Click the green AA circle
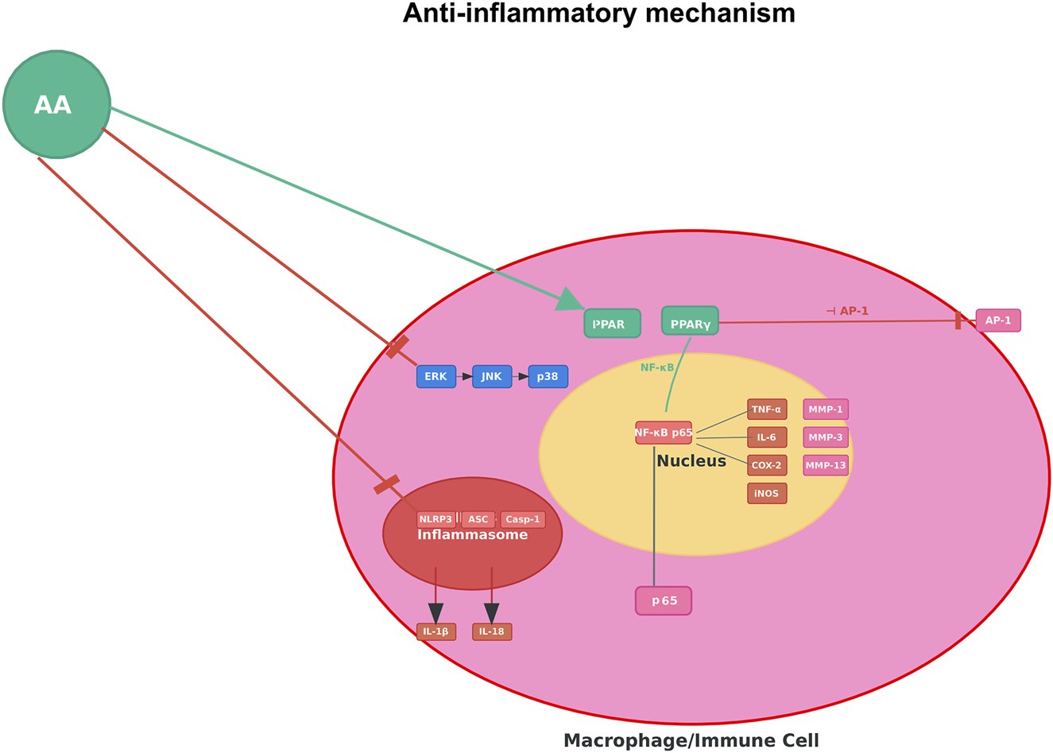pyautogui.click(x=57, y=104)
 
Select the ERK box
pyautogui.click(x=436, y=376)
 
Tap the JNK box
pyautogui.click(x=492, y=376)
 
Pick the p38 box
pyautogui.click(x=548, y=376)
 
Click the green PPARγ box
pyautogui.click(x=690, y=320)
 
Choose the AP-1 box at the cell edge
pyautogui.click(x=998, y=320)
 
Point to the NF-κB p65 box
pyautogui.click(x=664, y=433)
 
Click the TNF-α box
pyautogui.click(x=767, y=409)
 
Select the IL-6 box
pyautogui.click(x=767, y=437)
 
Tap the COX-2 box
pyautogui.click(x=767, y=465)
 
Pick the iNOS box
pyautogui.click(x=767, y=493)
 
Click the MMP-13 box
pyautogui.click(x=826, y=465)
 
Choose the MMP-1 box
pyautogui.click(x=826, y=409)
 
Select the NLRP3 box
pyautogui.click(x=436, y=519)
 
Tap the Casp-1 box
pyautogui.click(x=523, y=519)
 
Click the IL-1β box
pyautogui.click(x=436, y=631)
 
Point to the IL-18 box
pyautogui.click(x=492, y=631)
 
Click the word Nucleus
pyautogui.click(x=691, y=461)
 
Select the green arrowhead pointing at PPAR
pyautogui.click(x=570, y=300)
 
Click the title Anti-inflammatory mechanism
pyautogui.click(x=599, y=14)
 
